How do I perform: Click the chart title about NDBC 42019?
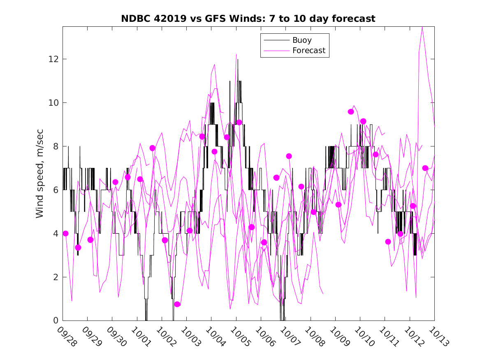pyautogui.click(x=248, y=19)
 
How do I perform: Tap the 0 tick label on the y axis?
pyautogui.click(x=55, y=321)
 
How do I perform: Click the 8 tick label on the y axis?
pyautogui.click(x=55, y=146)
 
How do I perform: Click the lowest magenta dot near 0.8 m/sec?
pyautogui.click(x=177, y=304)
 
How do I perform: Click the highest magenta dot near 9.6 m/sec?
pyautogui.click(x=351, y=111)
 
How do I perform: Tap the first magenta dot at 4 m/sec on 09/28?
pyautogui.click(x=65, y=233)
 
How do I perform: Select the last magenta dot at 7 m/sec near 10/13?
pyautogui.click(x=425, y=168)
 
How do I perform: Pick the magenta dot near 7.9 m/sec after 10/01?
pyautogui.click(x=153, y=148)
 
